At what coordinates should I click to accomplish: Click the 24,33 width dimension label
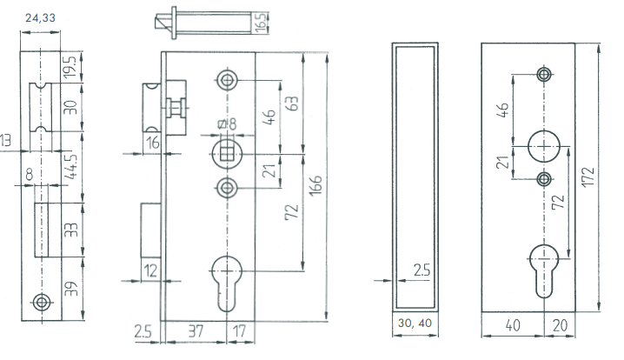pos(40,18)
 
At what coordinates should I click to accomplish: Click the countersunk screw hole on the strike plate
pos(42,302)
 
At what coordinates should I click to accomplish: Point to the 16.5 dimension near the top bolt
pos(260,23)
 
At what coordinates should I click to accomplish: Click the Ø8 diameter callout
pos(228,123)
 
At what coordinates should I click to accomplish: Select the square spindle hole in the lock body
pos(227,154)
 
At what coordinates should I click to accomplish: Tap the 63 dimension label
pos(291,103)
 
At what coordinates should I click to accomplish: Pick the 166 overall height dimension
pos(315,184)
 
